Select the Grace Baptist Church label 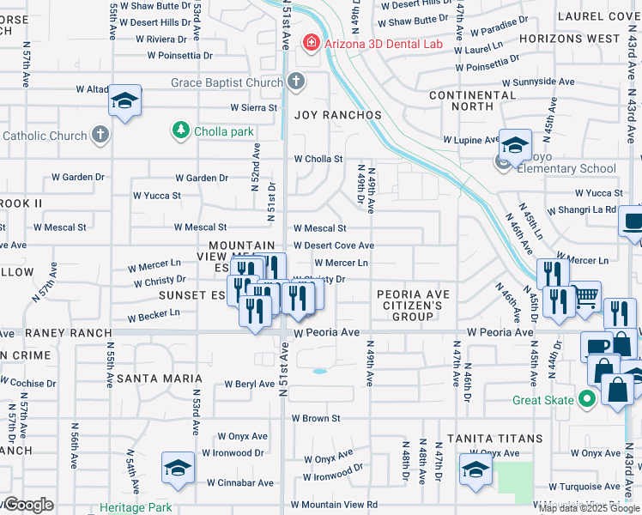point(227,82)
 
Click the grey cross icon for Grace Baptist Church point(295,82)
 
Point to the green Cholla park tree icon point(181,130)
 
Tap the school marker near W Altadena point(124,101)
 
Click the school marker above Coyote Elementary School point(516,144)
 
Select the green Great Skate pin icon point(587,399)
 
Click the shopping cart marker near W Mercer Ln point(586,297)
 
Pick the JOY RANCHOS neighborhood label point(338,115)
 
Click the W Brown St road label point(316,419)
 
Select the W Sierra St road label point(254,108)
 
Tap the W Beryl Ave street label point(249,385)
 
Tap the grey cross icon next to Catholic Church point(100,136)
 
